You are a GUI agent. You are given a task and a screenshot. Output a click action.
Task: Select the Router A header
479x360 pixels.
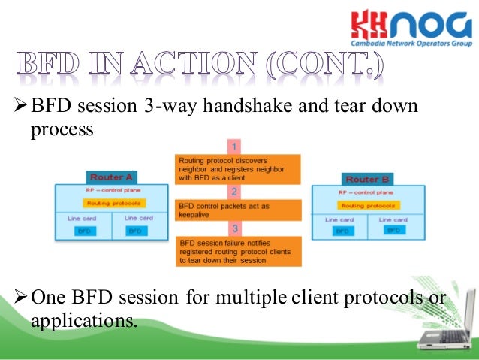tap(111, 177)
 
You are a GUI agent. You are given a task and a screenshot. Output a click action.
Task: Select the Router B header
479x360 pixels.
tap(367, 180)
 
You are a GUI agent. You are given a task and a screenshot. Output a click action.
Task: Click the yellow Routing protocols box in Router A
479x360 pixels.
tap(110, 203)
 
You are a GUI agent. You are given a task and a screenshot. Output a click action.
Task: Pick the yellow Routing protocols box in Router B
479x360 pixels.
tap(367, 205)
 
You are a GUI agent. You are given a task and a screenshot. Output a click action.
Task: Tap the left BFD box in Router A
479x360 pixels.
tap(83, 231)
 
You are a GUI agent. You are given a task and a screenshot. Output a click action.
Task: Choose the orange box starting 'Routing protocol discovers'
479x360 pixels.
tap(238, 169)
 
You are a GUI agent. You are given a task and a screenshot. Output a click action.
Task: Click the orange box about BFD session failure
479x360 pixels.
tap(238, 251)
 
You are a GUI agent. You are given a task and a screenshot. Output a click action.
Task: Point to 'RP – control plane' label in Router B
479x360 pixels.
tap(367, 192)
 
